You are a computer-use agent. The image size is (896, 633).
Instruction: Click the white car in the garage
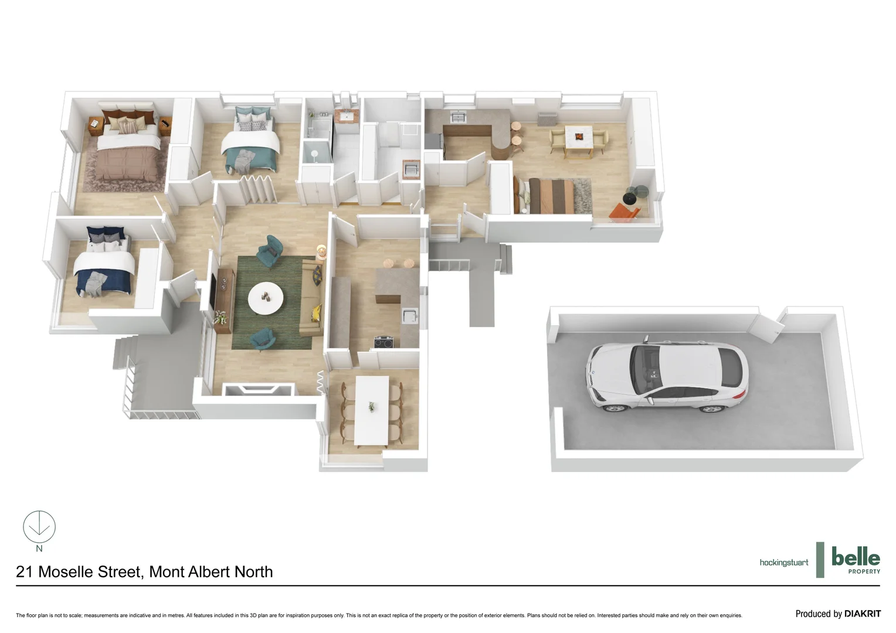tap(667, 375)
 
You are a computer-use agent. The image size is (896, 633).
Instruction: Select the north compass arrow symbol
tap(39, 526)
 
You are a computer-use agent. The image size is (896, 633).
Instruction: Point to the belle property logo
tap(855, 560)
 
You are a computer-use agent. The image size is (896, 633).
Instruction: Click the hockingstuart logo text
tap(783, 563)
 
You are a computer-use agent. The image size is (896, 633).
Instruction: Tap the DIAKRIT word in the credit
tap(862, 614)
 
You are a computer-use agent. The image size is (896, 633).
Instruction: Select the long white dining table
tap(372, 410)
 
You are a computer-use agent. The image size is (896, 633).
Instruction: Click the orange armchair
tap(623, 212)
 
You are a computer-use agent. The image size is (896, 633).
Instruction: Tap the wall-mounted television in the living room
tap(213, 288)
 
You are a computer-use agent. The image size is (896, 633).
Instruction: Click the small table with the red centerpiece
tap(579, 138)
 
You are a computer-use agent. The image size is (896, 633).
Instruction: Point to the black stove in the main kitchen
tap(385, 342)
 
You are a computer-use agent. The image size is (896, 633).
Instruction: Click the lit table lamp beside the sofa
tap(321, 251)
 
